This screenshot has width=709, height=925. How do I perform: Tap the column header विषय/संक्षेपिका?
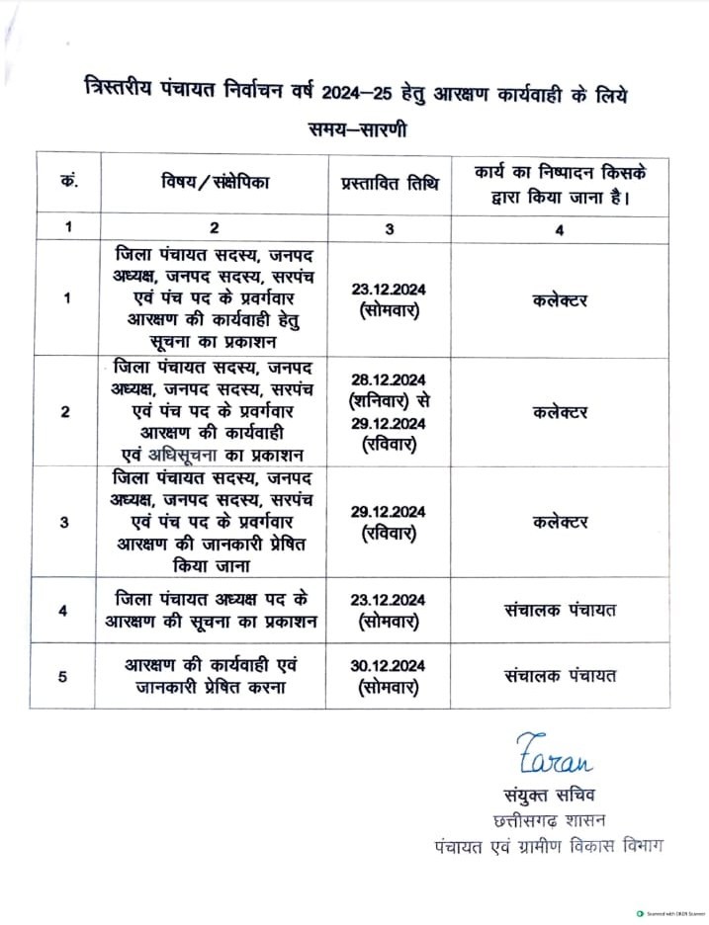tap(215, 183)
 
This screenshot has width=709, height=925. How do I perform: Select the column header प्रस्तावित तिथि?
tap(389, 183)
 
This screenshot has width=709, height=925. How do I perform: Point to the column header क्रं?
tap(68, 183)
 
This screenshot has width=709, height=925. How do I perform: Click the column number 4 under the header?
tap(560, 228)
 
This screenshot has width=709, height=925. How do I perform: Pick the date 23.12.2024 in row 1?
tap(389, 289)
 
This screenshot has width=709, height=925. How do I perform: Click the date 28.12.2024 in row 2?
tap(389, 380)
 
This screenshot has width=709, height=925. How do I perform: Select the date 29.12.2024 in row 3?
tap(389, 511)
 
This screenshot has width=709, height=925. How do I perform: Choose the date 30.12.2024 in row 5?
tap(389, 666)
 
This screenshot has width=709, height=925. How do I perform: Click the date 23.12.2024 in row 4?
tap(389, 599)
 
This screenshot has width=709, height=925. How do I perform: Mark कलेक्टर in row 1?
tap(560, 298)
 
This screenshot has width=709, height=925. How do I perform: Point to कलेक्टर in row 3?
tap(560, 522)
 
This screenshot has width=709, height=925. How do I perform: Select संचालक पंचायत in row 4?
tap(560, 610)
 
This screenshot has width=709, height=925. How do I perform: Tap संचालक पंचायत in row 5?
tap(560, 677)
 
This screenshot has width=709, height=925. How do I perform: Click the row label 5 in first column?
tap(65, 677)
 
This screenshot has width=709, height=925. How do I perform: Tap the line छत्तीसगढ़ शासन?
tap(551, 820)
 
